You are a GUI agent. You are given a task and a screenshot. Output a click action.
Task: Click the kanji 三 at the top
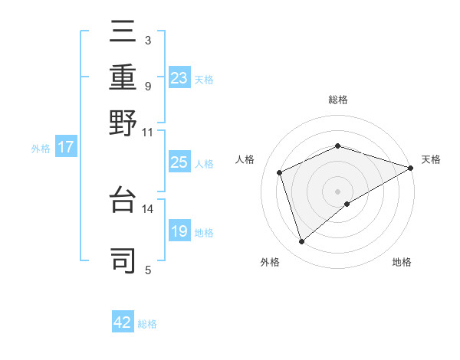(x=123, y=33)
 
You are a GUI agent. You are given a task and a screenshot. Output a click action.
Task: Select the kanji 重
(x=123, y=77)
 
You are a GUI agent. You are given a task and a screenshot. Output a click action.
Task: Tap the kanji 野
(x=123, y=123)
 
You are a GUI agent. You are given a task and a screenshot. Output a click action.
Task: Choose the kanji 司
(x=123, y=260)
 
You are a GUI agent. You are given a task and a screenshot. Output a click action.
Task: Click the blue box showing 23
(x=179, y=77)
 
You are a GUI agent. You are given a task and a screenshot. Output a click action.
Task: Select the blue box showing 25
(x=179, y=162)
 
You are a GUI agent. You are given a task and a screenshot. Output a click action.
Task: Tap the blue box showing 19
(x=179, y=231)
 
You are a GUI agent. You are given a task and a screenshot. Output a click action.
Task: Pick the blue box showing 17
(x=65, y=147)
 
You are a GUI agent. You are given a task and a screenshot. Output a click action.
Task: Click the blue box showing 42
(x=123, y=322)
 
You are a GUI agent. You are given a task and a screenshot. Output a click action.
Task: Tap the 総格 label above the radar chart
(x=337, y=100)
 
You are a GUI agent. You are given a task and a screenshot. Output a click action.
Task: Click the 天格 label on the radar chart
(x=431, y=159)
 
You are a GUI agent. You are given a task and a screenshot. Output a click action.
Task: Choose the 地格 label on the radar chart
(x=402, y=262)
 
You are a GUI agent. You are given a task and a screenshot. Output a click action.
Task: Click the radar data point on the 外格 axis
(x=301, y=242)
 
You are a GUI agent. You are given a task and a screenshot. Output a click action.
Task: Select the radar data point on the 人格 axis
(x=280, y=172)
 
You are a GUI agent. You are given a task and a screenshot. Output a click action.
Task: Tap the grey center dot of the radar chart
(x=337, y=191)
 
